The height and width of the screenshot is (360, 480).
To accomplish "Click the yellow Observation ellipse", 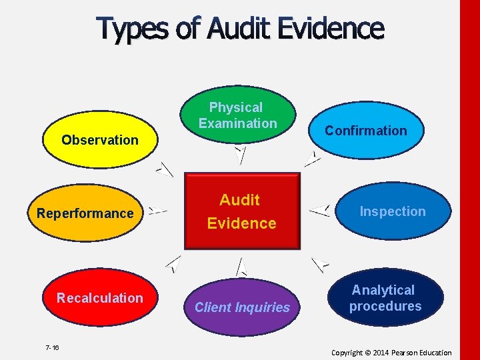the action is tap(100, 140).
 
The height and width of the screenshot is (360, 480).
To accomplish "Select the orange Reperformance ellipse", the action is tap(85, 213).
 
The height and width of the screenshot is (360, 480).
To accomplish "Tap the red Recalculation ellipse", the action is tap(99, 298).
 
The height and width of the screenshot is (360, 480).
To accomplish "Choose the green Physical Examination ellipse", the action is tap(237, 115).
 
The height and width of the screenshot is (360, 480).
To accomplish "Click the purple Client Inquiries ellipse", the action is tap(242, 307).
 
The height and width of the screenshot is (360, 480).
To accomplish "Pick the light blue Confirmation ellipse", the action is tap(365, 131).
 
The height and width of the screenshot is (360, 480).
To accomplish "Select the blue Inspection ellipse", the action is tap(392, 211).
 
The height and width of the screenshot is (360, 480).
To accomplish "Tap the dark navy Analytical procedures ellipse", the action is tap(385, 298).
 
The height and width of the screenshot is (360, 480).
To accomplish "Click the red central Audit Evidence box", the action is tap(241, 211).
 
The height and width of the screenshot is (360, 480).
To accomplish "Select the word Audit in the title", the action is tap(239, 29).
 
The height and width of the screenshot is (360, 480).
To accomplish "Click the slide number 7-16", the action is tap(52, 347).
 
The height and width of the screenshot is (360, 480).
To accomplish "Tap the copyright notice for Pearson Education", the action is tap(391, 353).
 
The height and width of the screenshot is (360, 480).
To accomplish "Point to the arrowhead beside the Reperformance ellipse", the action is tap(157, 211).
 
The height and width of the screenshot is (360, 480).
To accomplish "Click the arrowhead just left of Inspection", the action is tap(321, 211).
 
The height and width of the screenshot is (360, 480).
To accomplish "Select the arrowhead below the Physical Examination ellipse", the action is tap(241, 154).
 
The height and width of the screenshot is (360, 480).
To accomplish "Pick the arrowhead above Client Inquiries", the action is tap(241, 267).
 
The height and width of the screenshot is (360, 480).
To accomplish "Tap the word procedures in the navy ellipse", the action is tap(385, 307).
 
